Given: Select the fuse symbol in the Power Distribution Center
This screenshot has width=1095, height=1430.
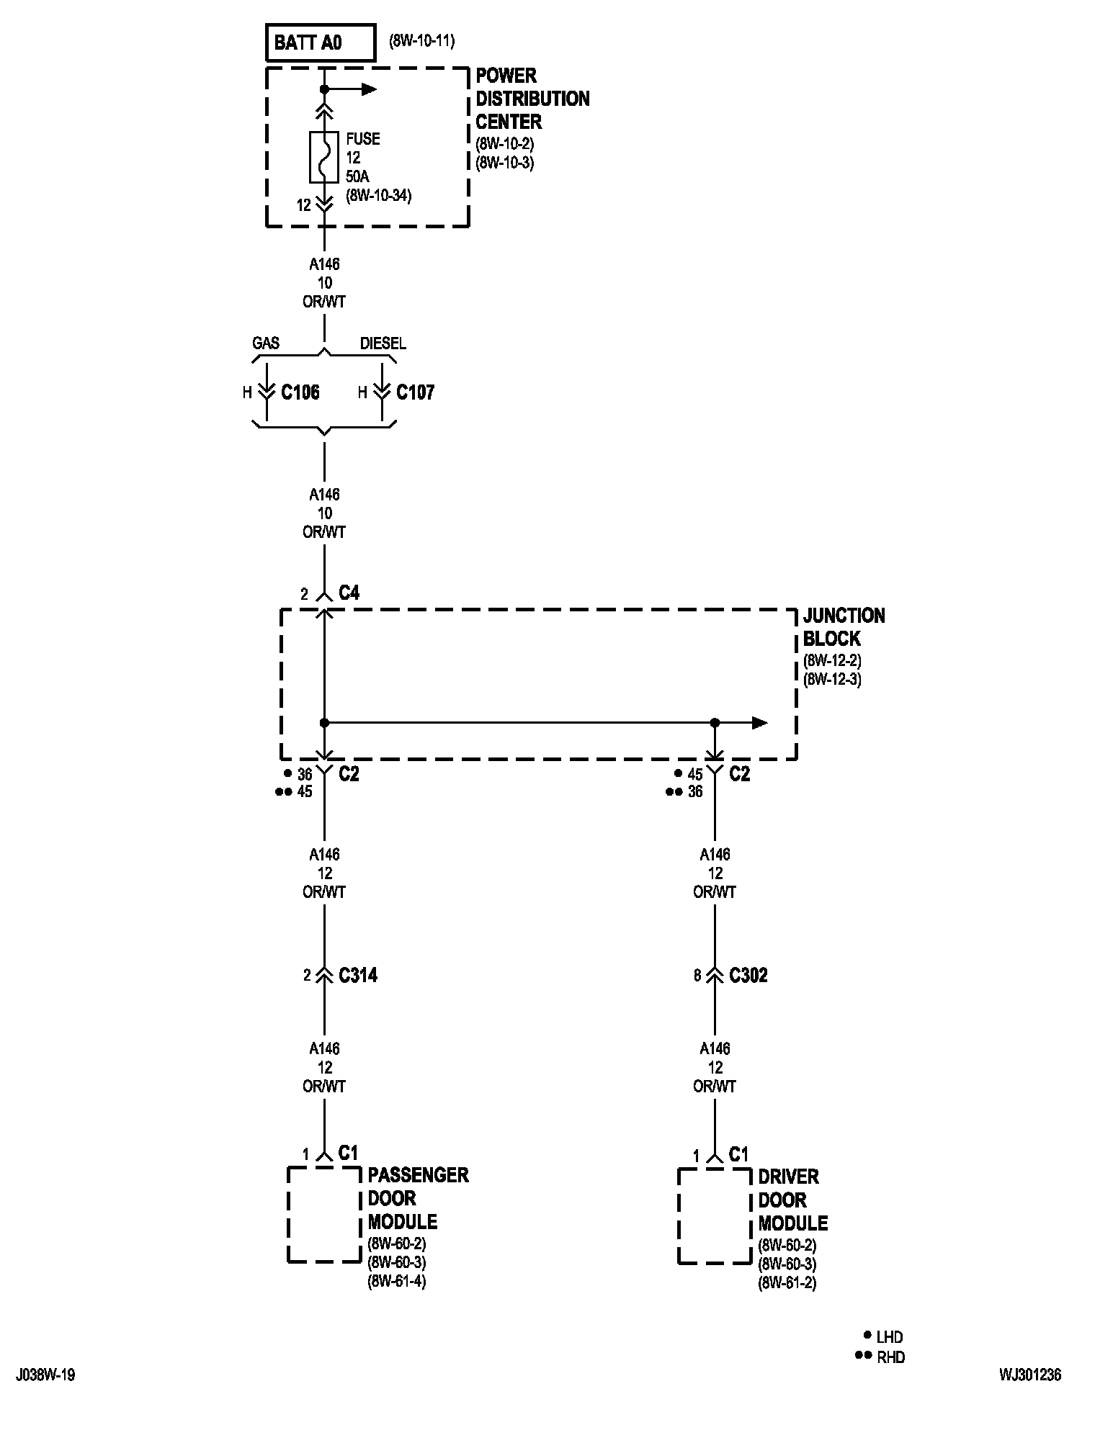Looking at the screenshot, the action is tap(324, 157).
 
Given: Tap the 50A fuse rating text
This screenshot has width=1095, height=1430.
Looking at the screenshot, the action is tap(358, 176).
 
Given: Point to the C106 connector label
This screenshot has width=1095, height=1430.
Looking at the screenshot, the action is tap(300, 392).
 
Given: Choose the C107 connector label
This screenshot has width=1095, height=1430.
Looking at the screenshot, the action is tap(416, 392).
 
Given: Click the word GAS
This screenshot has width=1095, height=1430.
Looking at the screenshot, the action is tap(266, 343).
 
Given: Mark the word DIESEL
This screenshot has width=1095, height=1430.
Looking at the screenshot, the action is tap(383, 343).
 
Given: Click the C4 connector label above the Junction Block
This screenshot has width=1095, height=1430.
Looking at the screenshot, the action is tap(349, 593).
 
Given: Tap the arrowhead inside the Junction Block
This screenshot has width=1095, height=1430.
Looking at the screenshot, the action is tap(759, 723).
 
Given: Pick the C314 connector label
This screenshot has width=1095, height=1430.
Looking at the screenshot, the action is tap(358, 976).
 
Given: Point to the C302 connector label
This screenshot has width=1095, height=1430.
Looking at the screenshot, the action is tap(748, 976).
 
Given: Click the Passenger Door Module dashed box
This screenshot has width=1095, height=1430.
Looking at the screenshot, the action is tap(288, 1215).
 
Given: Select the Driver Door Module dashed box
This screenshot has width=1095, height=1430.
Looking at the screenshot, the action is tap(679, 1216).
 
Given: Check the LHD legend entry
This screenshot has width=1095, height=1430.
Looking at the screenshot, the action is tap(882, 1337).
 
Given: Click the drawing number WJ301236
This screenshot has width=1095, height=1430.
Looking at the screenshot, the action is tap(1030, 1375).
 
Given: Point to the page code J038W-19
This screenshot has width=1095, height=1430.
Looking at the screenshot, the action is tap(45, 1375).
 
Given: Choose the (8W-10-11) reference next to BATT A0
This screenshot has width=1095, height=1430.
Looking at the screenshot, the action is tap(422, 41).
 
